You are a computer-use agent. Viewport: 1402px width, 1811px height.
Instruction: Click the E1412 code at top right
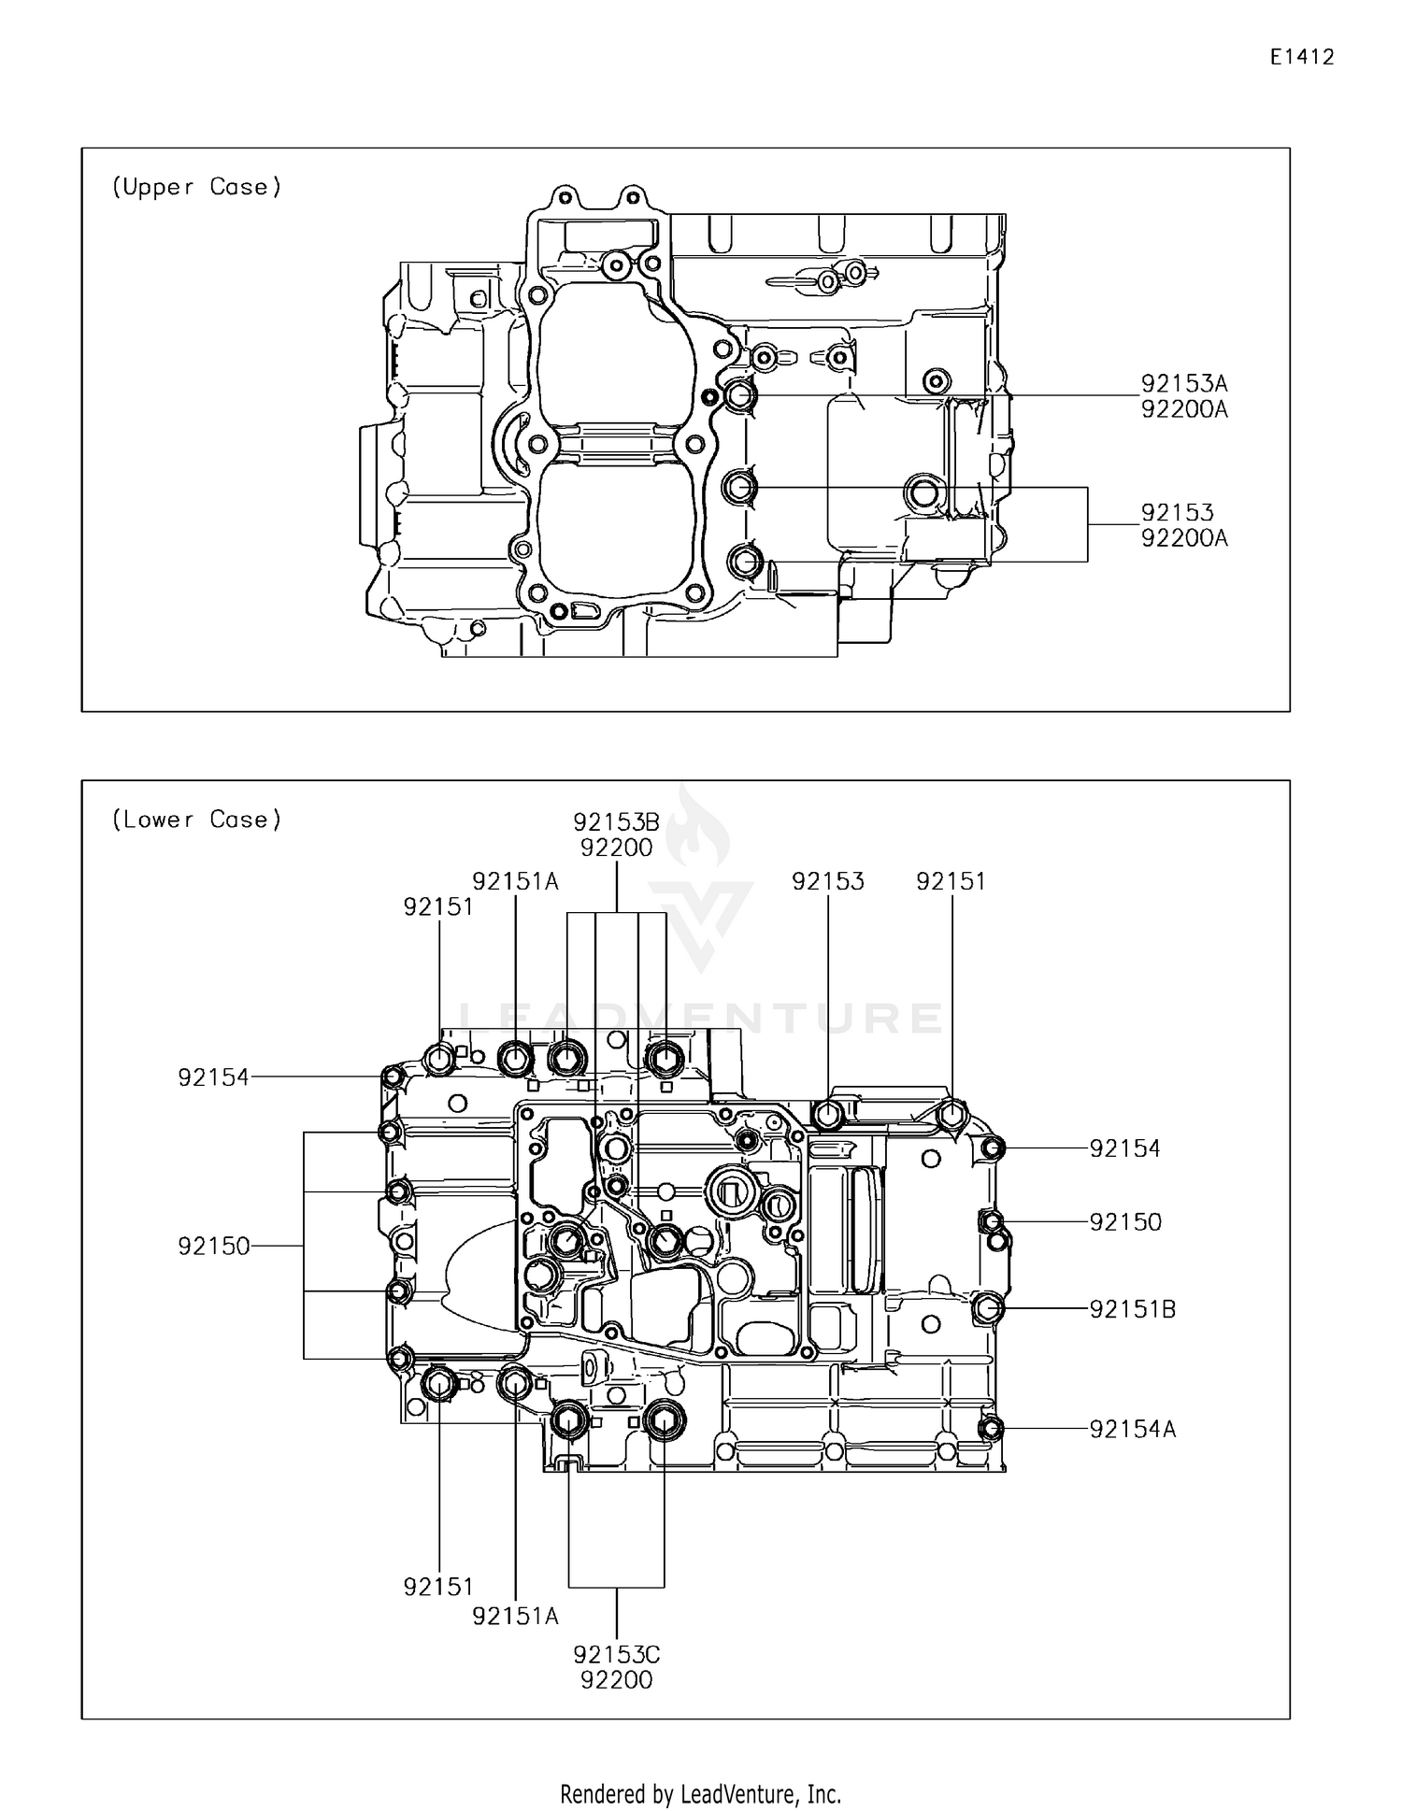point(1301,57)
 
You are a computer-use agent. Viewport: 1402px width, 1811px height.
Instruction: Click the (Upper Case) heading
point(196,187)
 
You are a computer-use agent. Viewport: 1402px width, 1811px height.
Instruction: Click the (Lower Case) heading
point(196,820)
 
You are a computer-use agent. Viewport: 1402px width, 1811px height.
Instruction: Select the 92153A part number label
point(1183,383)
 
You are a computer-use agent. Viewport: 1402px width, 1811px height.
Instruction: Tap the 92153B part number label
point(616,822)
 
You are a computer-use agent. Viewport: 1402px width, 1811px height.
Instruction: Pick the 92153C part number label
point(616,1655)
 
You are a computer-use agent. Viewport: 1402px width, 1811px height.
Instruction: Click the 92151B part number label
point(1132,1309)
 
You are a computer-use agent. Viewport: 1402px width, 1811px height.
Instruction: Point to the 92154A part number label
point(1132,1429)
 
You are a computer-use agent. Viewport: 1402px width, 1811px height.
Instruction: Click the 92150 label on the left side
point(214,1246)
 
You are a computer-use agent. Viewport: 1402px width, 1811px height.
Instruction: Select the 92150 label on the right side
point(1124,1222)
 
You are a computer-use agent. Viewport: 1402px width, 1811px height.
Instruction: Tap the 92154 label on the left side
point(214,1077)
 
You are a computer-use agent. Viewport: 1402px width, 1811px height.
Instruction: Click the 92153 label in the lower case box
point(827,881)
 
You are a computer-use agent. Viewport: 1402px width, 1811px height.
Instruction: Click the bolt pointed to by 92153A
point(739,395)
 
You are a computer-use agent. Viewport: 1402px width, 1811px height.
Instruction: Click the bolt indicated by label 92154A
point(993,1428)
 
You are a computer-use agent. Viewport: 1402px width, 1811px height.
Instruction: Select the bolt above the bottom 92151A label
point(515,1383)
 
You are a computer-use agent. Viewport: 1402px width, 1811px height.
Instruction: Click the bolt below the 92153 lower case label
point(827,1115)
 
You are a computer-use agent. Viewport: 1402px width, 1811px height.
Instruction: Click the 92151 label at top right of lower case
point(951,881)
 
